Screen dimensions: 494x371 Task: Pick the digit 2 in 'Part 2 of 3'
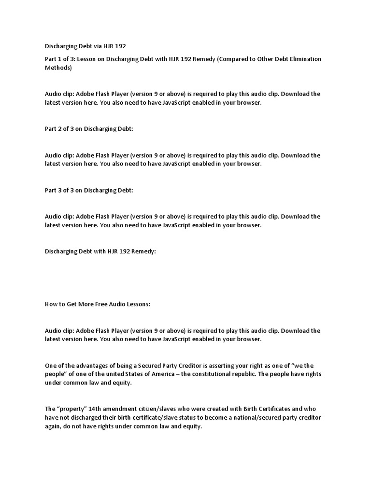pos(61,129)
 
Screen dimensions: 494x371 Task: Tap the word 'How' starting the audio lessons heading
pos(52,305)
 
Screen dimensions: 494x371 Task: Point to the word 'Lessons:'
pos(138,305)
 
